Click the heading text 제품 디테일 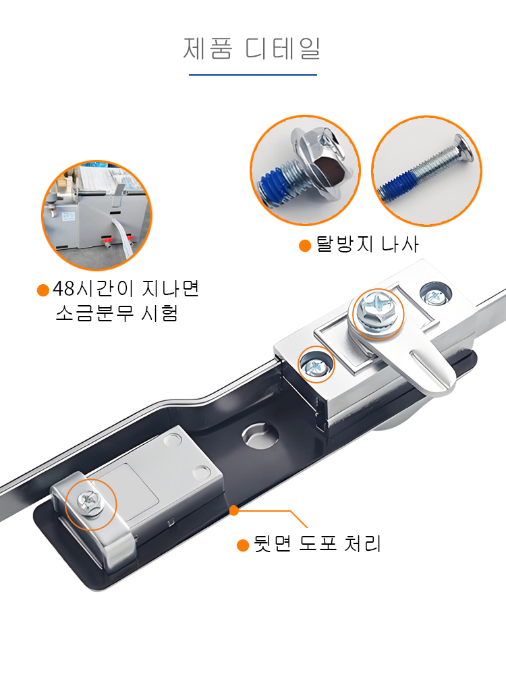[x=252, y=48]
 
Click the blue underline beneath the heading [x=253, y=75]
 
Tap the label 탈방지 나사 [x=367, y=244]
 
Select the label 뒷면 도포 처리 [x=317, y=544]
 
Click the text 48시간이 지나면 [x=126, y=288]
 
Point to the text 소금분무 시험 [x=117, y=313]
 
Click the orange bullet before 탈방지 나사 [x=305, y=246]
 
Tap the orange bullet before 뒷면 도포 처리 [x=243, y=545]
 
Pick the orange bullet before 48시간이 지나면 [x=43, y=290]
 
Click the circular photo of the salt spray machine [x=97, y=215]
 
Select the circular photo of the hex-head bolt [x=306, y=170]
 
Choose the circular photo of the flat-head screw [x=426, y=171]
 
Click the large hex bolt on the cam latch [x=377, y=311]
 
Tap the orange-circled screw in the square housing [x=316, y=365]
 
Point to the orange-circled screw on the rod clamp [x=90, y=503]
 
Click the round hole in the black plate [x=259, y=435]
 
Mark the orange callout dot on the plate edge [x=234, y=510]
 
